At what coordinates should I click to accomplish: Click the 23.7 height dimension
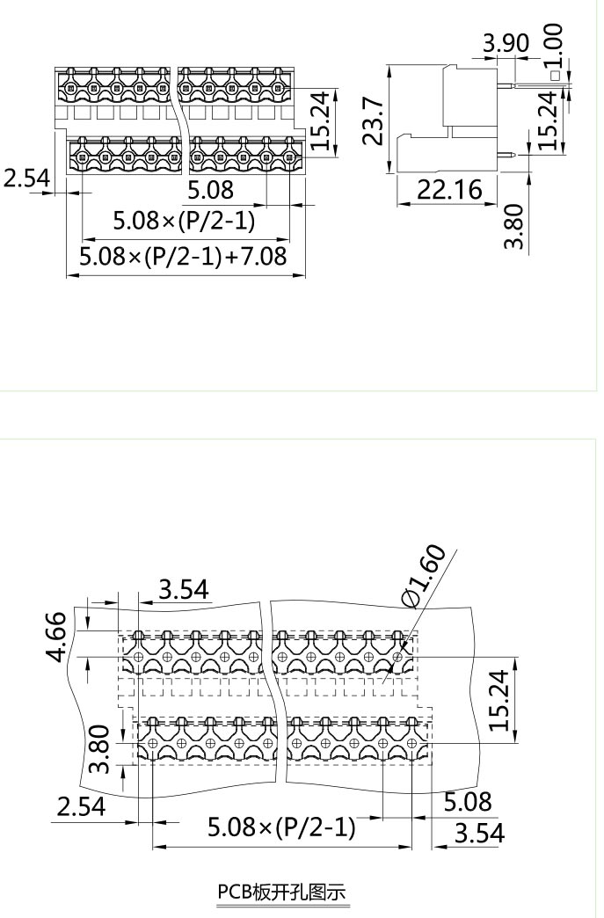point(373,120)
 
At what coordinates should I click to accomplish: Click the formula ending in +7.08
point(183,258)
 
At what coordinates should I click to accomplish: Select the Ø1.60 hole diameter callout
point(425,575)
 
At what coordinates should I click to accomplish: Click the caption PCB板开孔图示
point(282,892)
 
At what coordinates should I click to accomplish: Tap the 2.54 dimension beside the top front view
point(26,178)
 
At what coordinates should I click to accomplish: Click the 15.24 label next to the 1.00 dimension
point(547,120)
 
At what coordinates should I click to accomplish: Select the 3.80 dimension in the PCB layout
point(100,749)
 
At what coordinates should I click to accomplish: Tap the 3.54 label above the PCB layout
point(183,589)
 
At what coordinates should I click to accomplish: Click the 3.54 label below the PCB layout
point(479,832)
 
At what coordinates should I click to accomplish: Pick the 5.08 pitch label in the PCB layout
point(468,801)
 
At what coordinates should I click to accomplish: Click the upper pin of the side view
point(508,86)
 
